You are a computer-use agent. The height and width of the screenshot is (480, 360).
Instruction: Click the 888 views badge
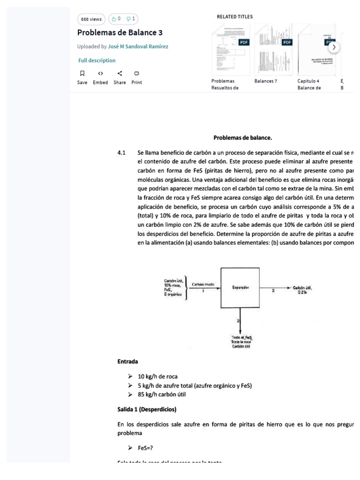click(91, 19)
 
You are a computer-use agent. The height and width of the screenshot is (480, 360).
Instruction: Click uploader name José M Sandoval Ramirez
click(138, 46)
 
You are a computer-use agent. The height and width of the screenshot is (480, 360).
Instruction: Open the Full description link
click(97, 60)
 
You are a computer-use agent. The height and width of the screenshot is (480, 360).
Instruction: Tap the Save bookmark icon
click(82, 73)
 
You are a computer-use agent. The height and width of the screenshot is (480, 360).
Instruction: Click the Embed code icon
click(100, 73)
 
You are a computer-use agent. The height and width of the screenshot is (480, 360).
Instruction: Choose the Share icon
click(120, 73)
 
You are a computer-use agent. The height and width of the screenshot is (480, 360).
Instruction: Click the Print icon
click(136, 73)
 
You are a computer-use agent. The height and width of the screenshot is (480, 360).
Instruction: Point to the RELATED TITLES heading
click(234, 17)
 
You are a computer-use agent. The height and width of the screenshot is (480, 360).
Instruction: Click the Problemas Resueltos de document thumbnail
click(230, 49)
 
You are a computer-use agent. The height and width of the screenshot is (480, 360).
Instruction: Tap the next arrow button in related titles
click(333, 47)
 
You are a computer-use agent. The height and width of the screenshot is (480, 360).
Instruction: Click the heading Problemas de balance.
click(242, 138)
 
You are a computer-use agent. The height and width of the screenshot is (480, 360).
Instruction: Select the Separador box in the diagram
click(240, 286)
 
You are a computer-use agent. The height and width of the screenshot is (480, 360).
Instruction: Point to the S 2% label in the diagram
click(302, 292)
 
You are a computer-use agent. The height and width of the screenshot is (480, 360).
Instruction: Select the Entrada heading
click(127, 361)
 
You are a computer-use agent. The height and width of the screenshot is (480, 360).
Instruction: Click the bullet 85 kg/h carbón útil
click(158, 394)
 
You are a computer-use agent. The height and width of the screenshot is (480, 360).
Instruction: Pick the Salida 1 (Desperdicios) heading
click(147, 409)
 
